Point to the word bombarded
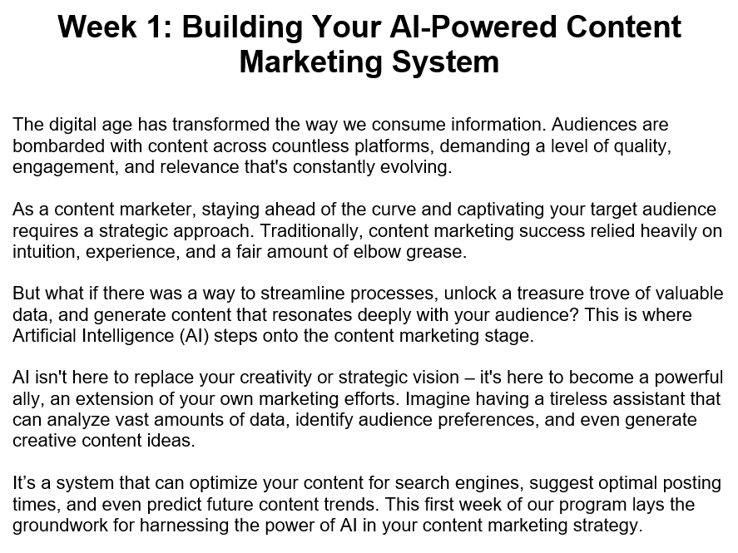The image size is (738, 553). (x=54, y=146)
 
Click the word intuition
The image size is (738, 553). (x=42, y=252)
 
